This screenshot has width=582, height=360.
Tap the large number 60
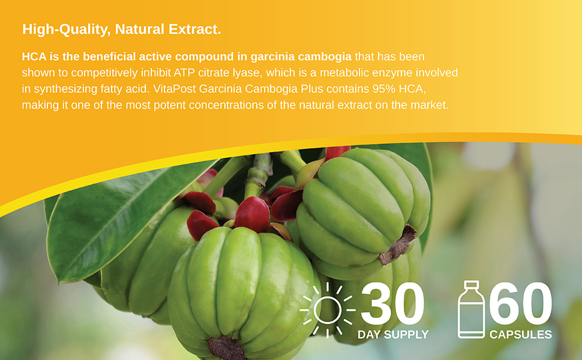[x=520, y=304]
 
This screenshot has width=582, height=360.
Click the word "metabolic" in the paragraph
[x=353, y=73]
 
